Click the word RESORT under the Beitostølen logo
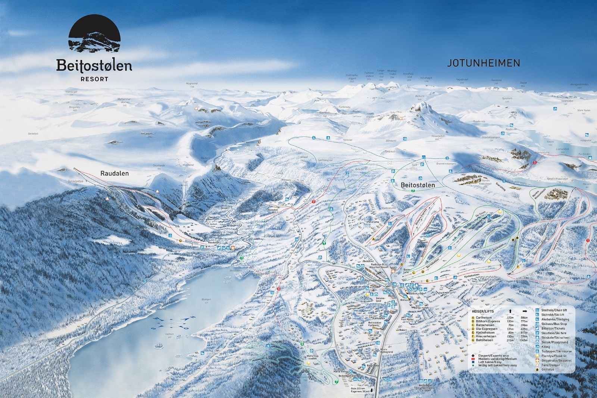[94, 79]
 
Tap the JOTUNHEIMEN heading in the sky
[484, 63]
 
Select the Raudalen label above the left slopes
[115, 173]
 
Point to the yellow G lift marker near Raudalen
[181, 241]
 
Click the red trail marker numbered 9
[314, 202]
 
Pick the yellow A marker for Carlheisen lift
[373, 239]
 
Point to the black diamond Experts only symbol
[473, 355]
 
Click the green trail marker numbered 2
[413, 191]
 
